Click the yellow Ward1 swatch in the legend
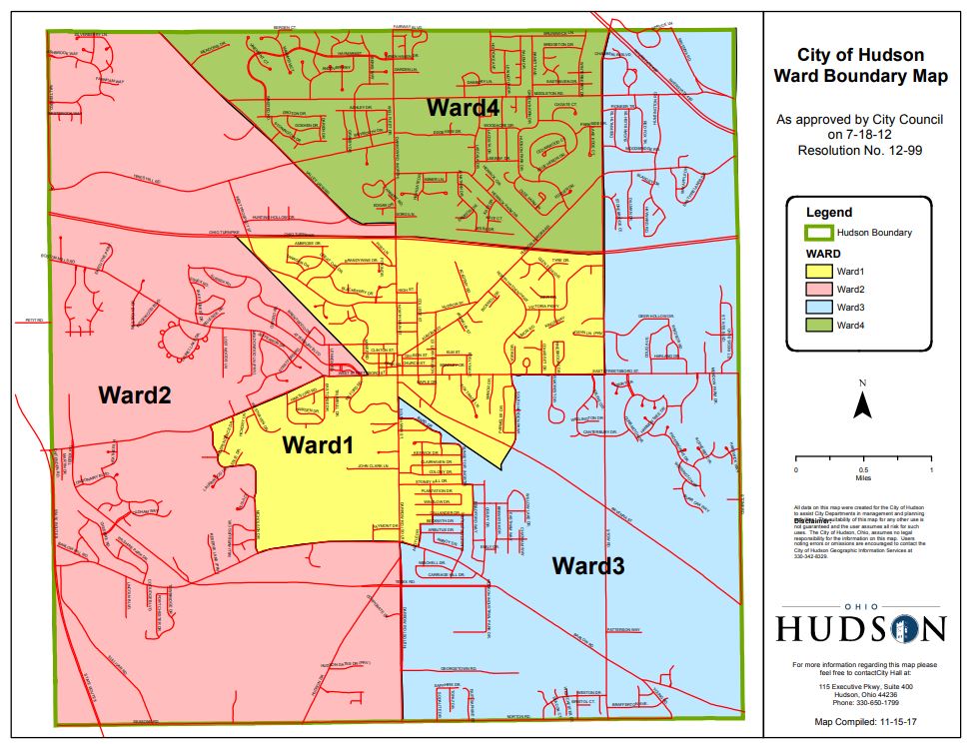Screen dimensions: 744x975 tap(818, 272)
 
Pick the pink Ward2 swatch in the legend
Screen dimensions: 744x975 tap(818, 290)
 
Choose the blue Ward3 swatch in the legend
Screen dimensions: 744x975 tap(818, 308)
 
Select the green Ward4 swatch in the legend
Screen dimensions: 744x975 tap(818, 326)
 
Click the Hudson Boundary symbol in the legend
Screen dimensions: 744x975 tap(818, 233)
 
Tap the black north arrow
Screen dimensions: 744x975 tap(862, 403)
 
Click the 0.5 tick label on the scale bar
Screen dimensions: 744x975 tap(863, 469)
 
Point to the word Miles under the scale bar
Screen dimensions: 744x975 tap(863, 478)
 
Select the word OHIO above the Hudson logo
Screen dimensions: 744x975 tap(860, 606)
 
